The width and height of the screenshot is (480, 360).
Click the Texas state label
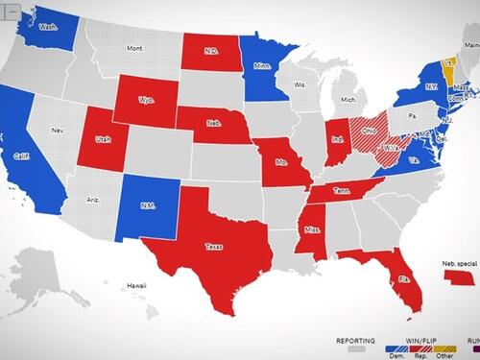click(214, 247)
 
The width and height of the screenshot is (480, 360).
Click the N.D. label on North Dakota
click(212, 52)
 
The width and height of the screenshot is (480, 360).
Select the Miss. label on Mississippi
click(308, 229)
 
